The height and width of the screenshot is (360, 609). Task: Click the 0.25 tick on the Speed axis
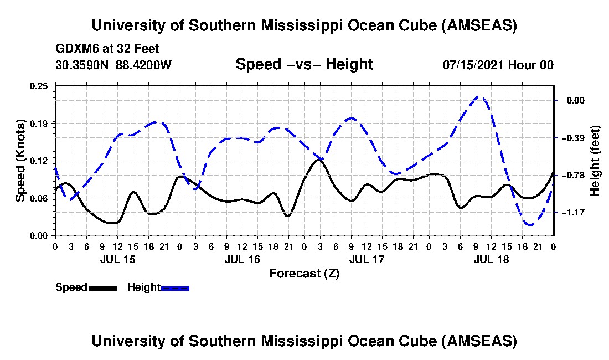pyautogui.click(x=42, y=86)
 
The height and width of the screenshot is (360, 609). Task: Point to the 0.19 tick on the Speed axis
pyautogui.click(x=42, y=123)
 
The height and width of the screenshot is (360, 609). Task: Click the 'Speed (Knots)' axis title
pyautogui.click(x=20, y=160)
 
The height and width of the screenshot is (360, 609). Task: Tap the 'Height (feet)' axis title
pyautogui.click(x=595, y=161)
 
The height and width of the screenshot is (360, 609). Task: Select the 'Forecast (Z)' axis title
pyautogui.click(x=304, y=273)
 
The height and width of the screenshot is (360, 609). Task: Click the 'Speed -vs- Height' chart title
pyautogui.click(x=304, y=64)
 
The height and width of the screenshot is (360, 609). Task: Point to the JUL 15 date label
pyautogui.click(x=117, y=259)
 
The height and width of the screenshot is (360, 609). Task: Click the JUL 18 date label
pyautogui.click(x=491, y=259)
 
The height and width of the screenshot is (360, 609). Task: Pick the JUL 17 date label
pyautogui.click(x=367, y=259)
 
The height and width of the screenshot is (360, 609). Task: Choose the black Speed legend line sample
pyautogui.click(x=102, y=288)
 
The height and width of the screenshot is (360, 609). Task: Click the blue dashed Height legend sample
pyautogui.click(x=175, y=288)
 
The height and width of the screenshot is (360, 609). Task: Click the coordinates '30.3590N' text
pyautogui.click(x=83, y=65)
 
